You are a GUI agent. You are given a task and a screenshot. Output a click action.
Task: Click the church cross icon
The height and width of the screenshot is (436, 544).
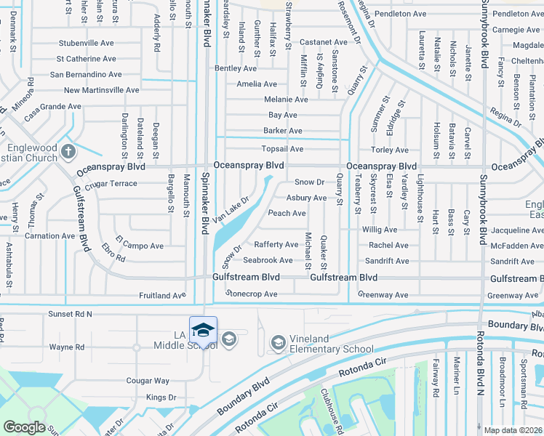(68, 152)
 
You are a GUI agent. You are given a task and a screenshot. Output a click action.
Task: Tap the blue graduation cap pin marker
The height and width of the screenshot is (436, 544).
(203, 331)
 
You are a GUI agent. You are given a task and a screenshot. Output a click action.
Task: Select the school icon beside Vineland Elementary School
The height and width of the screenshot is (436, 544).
(278, 342)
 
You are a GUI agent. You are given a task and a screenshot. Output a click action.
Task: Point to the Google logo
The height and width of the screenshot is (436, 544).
(24, 427)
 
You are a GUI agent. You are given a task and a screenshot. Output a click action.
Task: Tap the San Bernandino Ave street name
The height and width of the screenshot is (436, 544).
(85, 74)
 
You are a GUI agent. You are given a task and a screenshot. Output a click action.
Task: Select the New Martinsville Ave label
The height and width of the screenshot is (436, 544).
(101, 90)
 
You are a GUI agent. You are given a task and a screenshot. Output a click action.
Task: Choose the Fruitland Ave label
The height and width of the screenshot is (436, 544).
(163, 296)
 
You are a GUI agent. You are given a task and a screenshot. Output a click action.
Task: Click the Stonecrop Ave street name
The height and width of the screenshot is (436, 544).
(251, 294)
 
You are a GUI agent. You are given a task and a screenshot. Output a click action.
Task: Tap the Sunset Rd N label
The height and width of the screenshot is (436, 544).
(70, 314)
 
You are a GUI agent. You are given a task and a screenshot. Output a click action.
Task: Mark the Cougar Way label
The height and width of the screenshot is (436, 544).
(148, 380)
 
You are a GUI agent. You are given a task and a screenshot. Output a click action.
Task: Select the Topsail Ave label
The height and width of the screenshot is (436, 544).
(282, 149)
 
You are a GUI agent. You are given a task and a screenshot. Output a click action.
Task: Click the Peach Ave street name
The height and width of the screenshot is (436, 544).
(287, 213)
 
